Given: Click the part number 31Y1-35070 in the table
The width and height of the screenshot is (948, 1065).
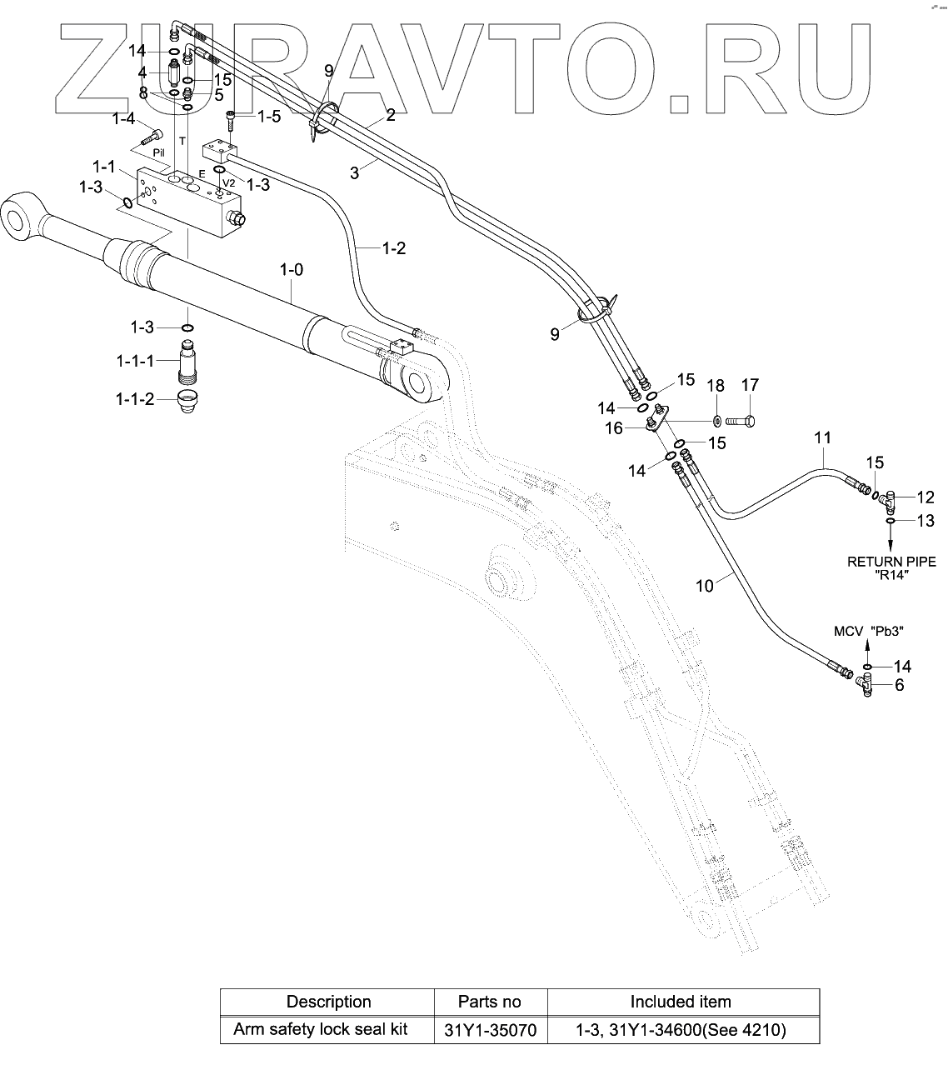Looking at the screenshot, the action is [490, 1030].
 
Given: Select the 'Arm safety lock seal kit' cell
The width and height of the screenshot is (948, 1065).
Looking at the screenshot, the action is [321, 1029].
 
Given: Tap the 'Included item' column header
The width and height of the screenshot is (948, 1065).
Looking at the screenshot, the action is [681, 1002].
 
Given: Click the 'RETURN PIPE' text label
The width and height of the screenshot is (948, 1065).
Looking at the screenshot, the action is [892, 562].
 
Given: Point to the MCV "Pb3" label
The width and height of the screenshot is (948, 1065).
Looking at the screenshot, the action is [869, 632].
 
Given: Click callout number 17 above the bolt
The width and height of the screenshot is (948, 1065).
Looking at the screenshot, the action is [750, 385].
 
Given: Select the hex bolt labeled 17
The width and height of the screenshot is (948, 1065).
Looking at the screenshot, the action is [741, 421].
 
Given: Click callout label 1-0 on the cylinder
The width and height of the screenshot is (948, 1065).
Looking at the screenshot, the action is [291, 270].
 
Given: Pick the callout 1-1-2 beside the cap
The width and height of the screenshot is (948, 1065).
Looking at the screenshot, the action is [135, 399].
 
